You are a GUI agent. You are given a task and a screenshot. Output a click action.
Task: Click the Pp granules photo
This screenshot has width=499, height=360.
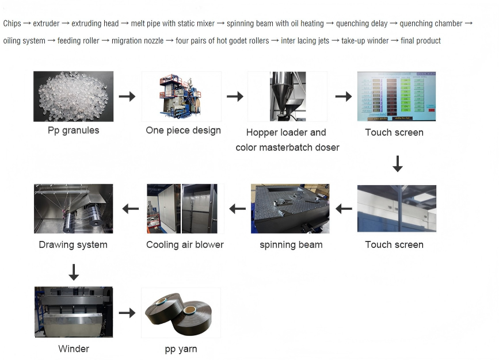tap(73, 96)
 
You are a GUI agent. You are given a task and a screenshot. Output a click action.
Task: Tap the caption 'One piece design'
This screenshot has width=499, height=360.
tap(183, 131)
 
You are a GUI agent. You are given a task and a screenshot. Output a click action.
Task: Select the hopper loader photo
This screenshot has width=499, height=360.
tap(287, 96)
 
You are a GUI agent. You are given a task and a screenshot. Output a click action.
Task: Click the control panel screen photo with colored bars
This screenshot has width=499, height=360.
tap(396, 96)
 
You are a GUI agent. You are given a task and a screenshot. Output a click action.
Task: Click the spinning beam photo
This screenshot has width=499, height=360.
tap(290, 208)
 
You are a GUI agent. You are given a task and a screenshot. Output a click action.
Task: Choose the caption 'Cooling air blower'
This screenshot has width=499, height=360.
tap(185, 245)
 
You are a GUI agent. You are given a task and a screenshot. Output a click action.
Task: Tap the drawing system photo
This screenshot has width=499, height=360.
tap(73, 208)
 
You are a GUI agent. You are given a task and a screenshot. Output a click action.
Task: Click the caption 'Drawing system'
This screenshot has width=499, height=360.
tap(73, 245)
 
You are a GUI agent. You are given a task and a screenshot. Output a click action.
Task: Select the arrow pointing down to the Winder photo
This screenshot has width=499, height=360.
tap(73, 272)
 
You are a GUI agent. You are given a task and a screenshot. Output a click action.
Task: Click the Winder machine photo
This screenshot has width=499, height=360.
tap(73, 312)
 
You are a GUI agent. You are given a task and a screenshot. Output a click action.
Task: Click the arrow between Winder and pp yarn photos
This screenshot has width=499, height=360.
tap(127, 313)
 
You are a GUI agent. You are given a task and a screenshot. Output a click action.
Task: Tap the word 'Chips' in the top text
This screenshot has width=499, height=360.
tap(12, 24)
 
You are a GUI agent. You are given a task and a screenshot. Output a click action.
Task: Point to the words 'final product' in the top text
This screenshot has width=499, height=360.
tap(421, 41)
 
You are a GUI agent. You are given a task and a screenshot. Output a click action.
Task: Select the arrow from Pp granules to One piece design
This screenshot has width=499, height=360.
tap(127, 97)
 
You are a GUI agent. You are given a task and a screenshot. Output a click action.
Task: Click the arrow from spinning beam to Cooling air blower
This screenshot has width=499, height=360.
tap(237, 209)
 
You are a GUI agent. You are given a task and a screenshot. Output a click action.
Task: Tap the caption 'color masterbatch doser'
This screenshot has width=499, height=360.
tap(287, 148)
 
